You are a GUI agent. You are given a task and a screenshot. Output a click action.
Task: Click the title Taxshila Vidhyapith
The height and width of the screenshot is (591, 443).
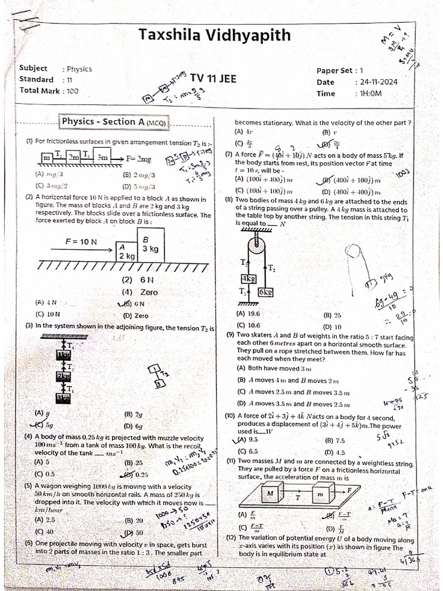(215, 35)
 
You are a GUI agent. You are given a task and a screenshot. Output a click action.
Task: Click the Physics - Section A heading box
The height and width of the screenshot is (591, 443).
(114, 122)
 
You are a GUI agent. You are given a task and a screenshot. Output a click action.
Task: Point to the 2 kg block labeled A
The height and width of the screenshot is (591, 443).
(126, 252)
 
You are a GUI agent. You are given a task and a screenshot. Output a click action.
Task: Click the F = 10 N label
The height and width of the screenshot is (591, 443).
(80, 242)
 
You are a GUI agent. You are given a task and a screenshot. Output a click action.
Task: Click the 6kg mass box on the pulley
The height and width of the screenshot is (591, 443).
(265, 292)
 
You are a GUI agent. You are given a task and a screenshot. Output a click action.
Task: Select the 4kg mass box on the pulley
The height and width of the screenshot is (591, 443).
(248, 279)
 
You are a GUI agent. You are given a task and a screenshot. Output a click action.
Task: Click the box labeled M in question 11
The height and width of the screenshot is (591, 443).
(269, 494)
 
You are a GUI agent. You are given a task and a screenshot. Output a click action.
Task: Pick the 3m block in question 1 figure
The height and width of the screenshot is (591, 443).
(102, 157)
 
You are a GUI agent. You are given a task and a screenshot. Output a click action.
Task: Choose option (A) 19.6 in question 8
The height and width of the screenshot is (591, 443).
(248, 314)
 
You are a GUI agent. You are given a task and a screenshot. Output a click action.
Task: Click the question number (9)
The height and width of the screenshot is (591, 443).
(230, 334)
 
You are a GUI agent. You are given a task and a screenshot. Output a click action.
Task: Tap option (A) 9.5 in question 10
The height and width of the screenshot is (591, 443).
(245, 440)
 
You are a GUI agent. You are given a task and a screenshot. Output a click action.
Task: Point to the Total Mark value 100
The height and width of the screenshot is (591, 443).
(72, 91)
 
